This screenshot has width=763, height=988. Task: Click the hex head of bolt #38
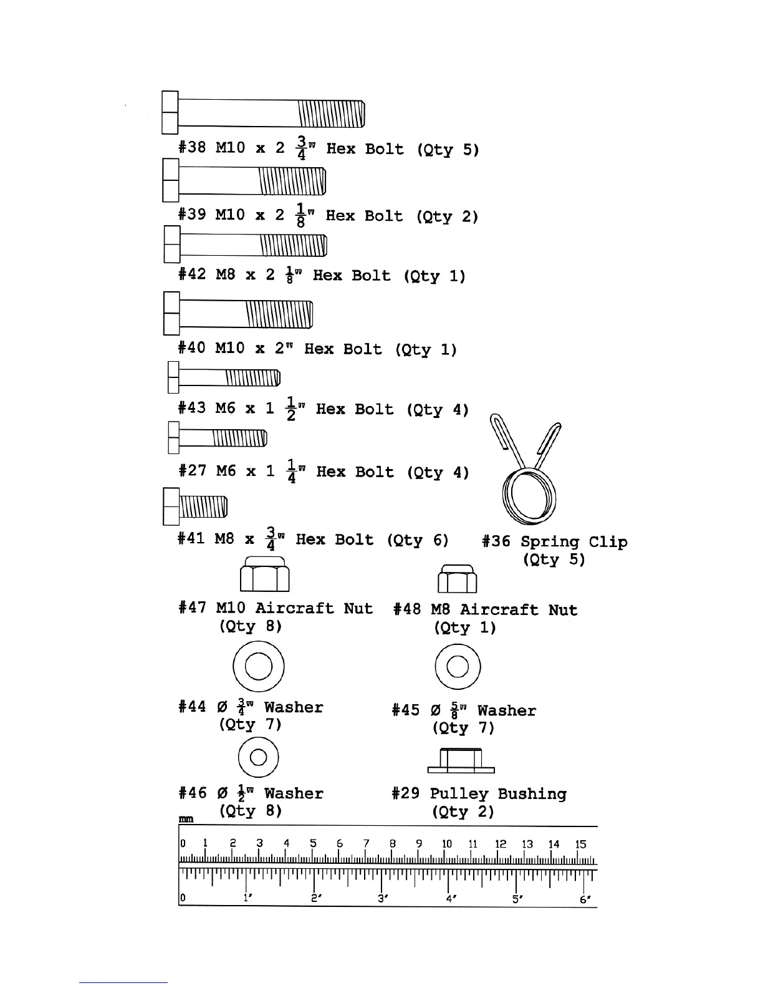(x=170, y=113)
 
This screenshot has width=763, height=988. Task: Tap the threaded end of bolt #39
(x=292, y=182)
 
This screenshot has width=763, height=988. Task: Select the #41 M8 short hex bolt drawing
(x=195, y=506)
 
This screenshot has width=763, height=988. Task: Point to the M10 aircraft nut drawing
(x=265, y=574)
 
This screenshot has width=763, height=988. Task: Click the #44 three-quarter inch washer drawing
(x=259, y=667)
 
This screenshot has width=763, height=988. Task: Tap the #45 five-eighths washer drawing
(x=458, y=667)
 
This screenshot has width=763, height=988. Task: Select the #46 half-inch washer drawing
(x=259, y=758)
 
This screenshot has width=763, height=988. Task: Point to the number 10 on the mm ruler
(x=447, y=845)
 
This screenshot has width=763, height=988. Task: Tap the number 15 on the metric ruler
(x=580, y=845)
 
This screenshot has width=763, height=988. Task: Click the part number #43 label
(x=191, y=409)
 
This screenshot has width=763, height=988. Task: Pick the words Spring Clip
(x=573, y=541)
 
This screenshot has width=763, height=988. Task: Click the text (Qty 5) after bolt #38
(x=448, y=150)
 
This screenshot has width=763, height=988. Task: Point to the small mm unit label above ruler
(x=186, y=819)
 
